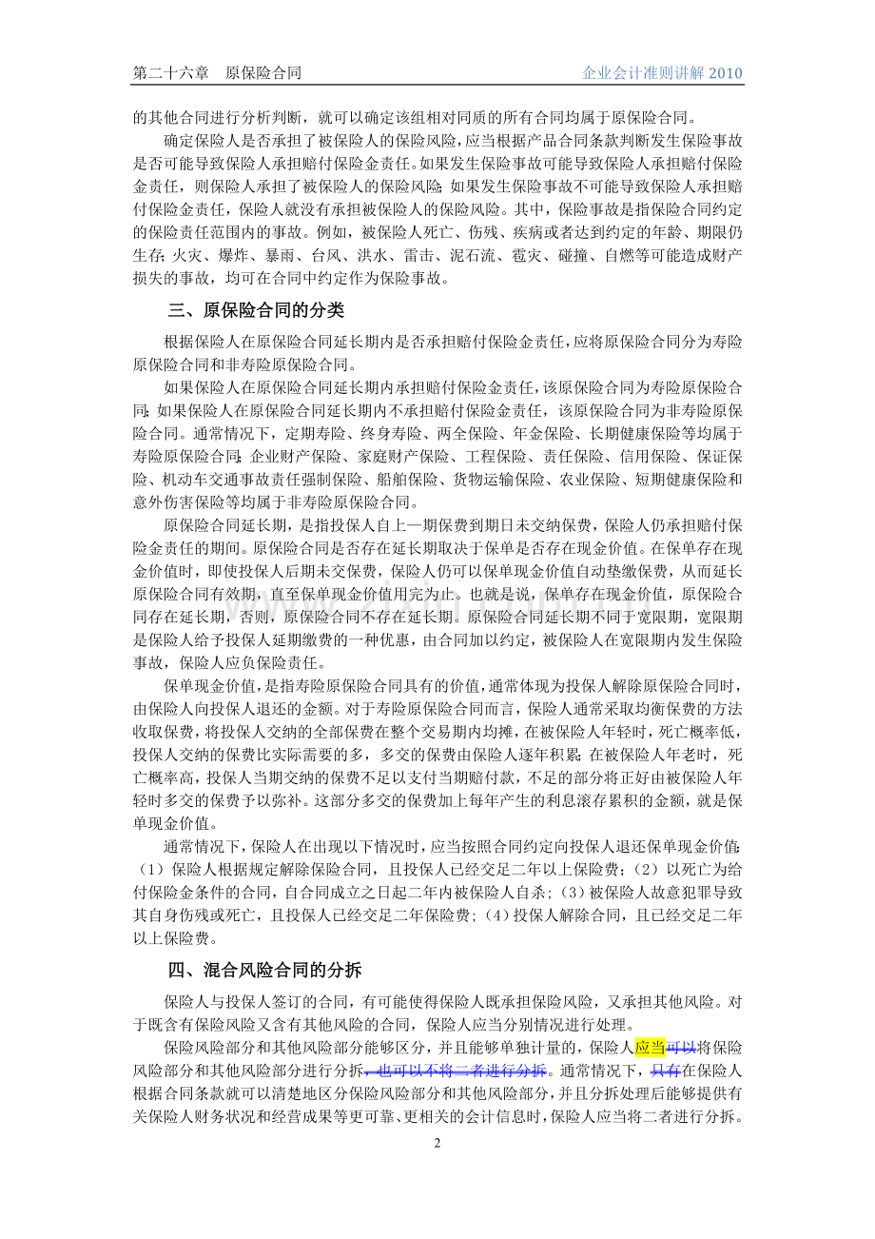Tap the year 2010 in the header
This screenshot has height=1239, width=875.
click(726, 73)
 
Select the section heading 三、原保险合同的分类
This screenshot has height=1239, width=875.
click(256, 311)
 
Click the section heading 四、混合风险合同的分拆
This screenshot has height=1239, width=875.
click(264, 970)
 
